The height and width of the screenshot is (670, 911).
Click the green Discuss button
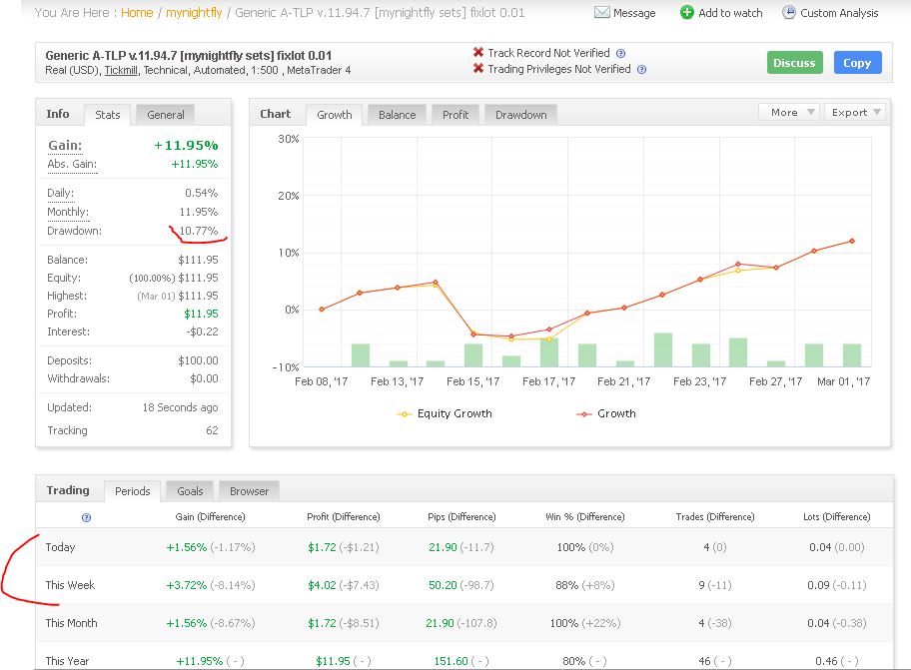click(795, 63)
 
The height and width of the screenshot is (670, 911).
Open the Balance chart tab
click(397, 115)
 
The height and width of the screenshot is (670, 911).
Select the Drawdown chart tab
click(520, 115)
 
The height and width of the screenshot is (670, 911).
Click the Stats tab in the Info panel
click(108, 115)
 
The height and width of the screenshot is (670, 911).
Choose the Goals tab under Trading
click(190, 491)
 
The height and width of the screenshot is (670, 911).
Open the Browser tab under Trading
click(250, 491)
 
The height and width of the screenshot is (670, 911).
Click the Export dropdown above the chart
click(856, 112)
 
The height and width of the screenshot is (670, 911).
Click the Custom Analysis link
click(830, 13)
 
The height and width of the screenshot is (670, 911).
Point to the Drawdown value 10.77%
click(198, 231)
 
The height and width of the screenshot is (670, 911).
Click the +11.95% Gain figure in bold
click(186, 145)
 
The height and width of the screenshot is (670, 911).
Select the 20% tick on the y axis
click(288, 196)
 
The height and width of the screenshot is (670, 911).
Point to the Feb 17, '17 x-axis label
click(548, 381)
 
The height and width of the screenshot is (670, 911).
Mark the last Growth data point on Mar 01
click(852, 241)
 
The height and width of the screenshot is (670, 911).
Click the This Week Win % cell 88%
click(566, 585)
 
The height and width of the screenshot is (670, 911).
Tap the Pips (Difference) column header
click(461, 516)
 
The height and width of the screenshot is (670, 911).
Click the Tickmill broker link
click(121, 70)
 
